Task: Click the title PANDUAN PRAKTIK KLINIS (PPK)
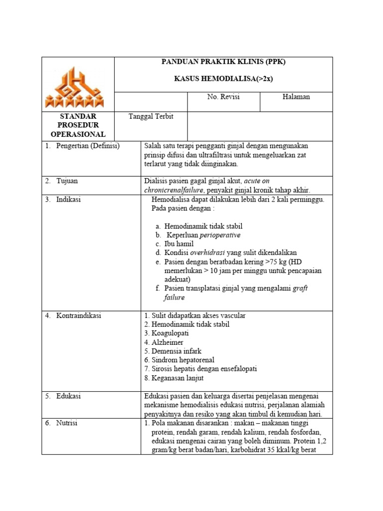[223, 62]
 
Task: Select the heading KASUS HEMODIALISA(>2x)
[223, 79]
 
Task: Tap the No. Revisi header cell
[223, 97]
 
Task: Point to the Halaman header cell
[296, 97]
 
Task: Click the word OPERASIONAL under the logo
[78, 134]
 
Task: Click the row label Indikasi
[69, 200]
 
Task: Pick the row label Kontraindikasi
[79, 315]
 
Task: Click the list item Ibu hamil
[179, 244]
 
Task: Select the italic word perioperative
[220, 235]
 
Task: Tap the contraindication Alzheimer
[167, 342]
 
